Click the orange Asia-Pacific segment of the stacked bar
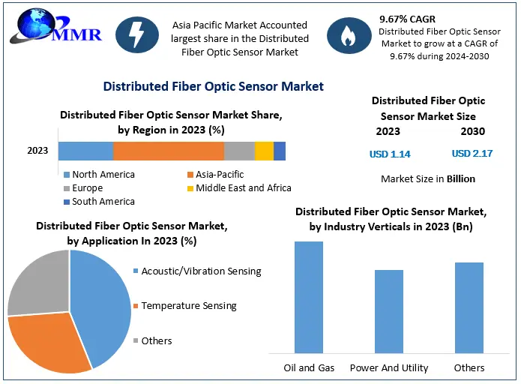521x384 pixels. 169,151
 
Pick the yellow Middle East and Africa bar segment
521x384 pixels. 264,151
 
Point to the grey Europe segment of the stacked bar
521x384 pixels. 239,151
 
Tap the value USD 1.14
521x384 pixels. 390,154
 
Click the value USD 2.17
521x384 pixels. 472,154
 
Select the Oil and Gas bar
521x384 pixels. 308,297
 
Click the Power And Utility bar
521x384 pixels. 389,311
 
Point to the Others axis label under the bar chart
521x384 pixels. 469,368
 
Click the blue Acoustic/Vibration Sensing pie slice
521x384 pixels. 101,300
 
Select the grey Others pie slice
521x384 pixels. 37,281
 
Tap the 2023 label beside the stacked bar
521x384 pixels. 37,151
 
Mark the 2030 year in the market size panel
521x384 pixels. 472,131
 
